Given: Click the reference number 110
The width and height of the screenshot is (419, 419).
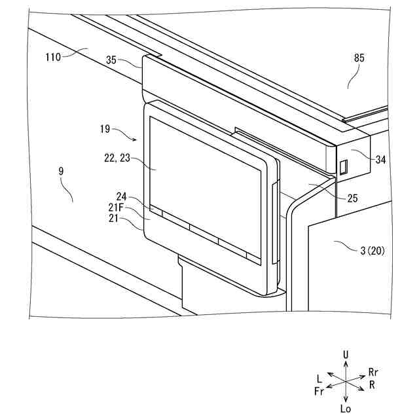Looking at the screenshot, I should coord(53,57).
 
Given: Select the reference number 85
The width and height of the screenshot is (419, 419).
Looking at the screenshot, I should coord(359,58).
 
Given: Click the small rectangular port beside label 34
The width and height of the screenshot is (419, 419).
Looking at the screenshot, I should coord(342,167).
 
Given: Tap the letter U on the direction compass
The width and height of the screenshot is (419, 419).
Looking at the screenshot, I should coord(345,355).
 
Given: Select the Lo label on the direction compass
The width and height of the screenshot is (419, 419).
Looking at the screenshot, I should coord(346,408).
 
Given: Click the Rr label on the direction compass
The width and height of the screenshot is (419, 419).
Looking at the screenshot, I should coord(373,372).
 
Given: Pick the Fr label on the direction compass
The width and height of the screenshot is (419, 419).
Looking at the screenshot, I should coord(319,391).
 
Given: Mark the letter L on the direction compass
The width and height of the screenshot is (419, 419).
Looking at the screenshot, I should coord(319,378).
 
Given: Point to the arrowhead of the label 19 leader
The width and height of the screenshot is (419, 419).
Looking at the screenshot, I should coord(136,139).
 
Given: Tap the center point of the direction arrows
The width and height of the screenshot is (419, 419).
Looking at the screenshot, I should coord(345,382).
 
